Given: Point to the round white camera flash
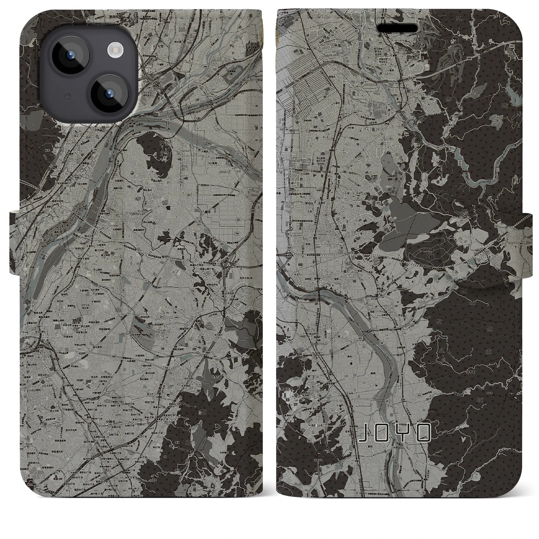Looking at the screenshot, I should (114, 51).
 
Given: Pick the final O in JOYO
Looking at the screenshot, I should (424, 433).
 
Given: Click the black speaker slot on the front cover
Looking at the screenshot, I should (397, 28).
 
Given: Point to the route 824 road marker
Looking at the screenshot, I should (289, 248).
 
